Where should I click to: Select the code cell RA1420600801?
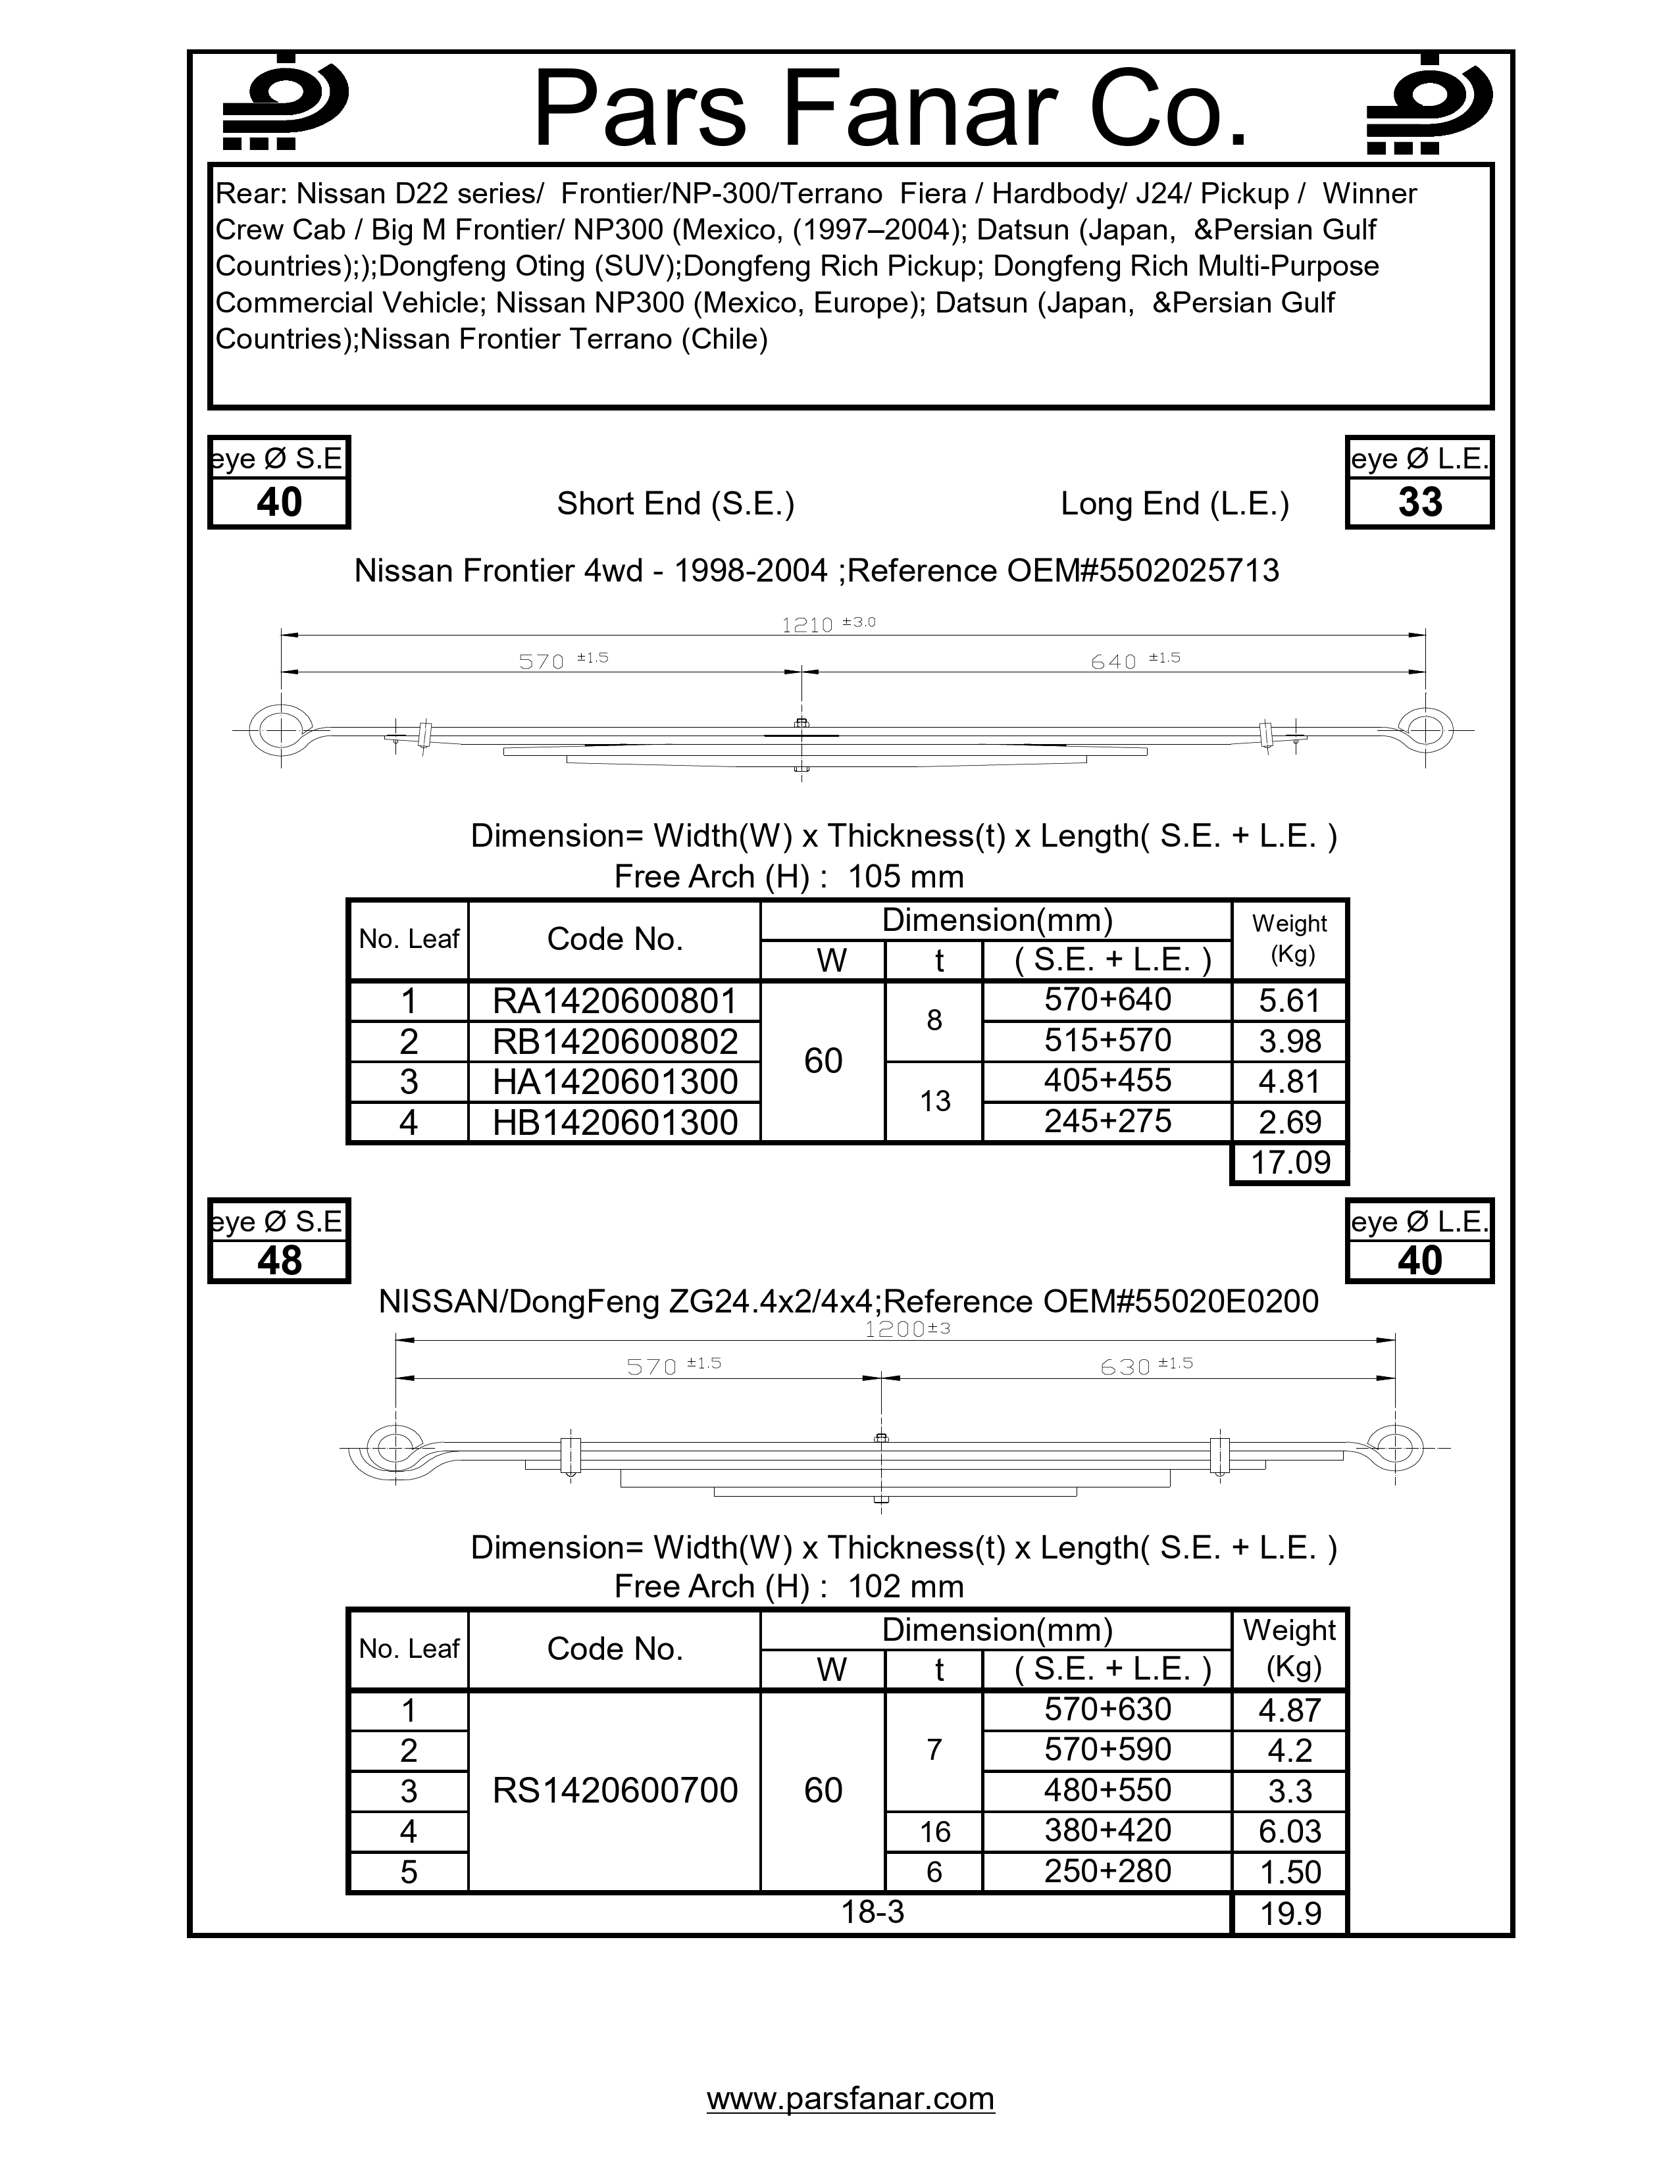tap(615, 1000)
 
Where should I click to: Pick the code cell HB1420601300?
tap(615, 1122)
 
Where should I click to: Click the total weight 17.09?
tap(1289, 1162)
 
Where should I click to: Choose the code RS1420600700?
tap(615, 1790)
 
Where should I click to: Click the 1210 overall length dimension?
tap(807, 625)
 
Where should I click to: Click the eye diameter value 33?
tap(1419, 502)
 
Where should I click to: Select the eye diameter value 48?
tap(279, 1260)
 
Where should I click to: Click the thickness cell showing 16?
tap(934, 1831)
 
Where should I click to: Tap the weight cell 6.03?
tap(1289, 1831)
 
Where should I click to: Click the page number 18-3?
tap(872, 1912)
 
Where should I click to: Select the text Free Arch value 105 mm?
tap(905, 877)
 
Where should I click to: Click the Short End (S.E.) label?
tap(675, 504)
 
